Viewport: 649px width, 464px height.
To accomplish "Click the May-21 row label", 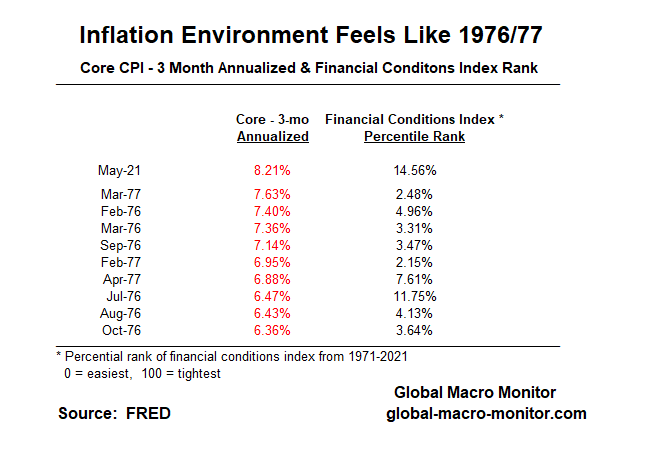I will (119, 170).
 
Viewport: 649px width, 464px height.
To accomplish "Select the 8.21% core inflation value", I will (271, 170).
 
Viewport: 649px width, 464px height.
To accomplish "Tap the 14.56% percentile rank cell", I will (414, 170).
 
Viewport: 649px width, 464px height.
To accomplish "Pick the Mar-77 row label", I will (119, 194).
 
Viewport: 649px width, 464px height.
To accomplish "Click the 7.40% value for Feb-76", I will (271, 211).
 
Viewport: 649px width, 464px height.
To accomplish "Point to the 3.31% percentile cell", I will (414, 228).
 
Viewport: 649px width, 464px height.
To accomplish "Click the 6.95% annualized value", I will (271, 262).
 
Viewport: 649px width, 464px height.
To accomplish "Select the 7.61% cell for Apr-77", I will (414, 279).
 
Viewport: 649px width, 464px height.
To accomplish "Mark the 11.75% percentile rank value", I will (414, 296).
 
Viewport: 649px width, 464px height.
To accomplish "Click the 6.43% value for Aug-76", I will (271, 313).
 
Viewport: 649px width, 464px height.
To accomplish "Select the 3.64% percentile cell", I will (414, 330).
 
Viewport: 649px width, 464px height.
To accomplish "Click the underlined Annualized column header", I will (272, 137).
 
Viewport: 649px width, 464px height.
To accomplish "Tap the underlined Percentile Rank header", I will (413, 137).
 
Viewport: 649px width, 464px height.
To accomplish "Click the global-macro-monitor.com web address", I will (486, 414).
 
